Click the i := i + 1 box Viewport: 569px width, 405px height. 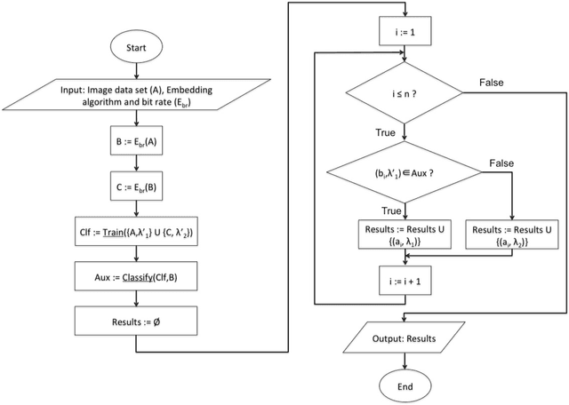[405, 278]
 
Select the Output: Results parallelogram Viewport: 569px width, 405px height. [405, 335]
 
